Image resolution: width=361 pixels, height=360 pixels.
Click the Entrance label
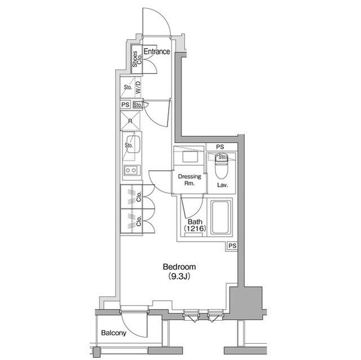(156, 52)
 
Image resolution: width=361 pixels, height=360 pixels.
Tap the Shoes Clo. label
(135, 60)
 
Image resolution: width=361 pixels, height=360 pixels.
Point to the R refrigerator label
(130, 121)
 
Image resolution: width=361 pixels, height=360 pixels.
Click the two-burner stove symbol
(131, 170)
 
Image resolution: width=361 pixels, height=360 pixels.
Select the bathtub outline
(221, 219)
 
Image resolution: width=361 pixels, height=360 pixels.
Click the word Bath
(195, 221)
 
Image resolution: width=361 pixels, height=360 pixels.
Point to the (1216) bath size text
(195, 229)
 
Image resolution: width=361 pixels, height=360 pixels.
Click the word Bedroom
(179, 266)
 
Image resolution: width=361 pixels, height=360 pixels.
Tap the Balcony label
(113, 333)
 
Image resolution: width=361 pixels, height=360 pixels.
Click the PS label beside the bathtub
(232, 246)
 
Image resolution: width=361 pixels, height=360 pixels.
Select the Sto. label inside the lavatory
(222, 156)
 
